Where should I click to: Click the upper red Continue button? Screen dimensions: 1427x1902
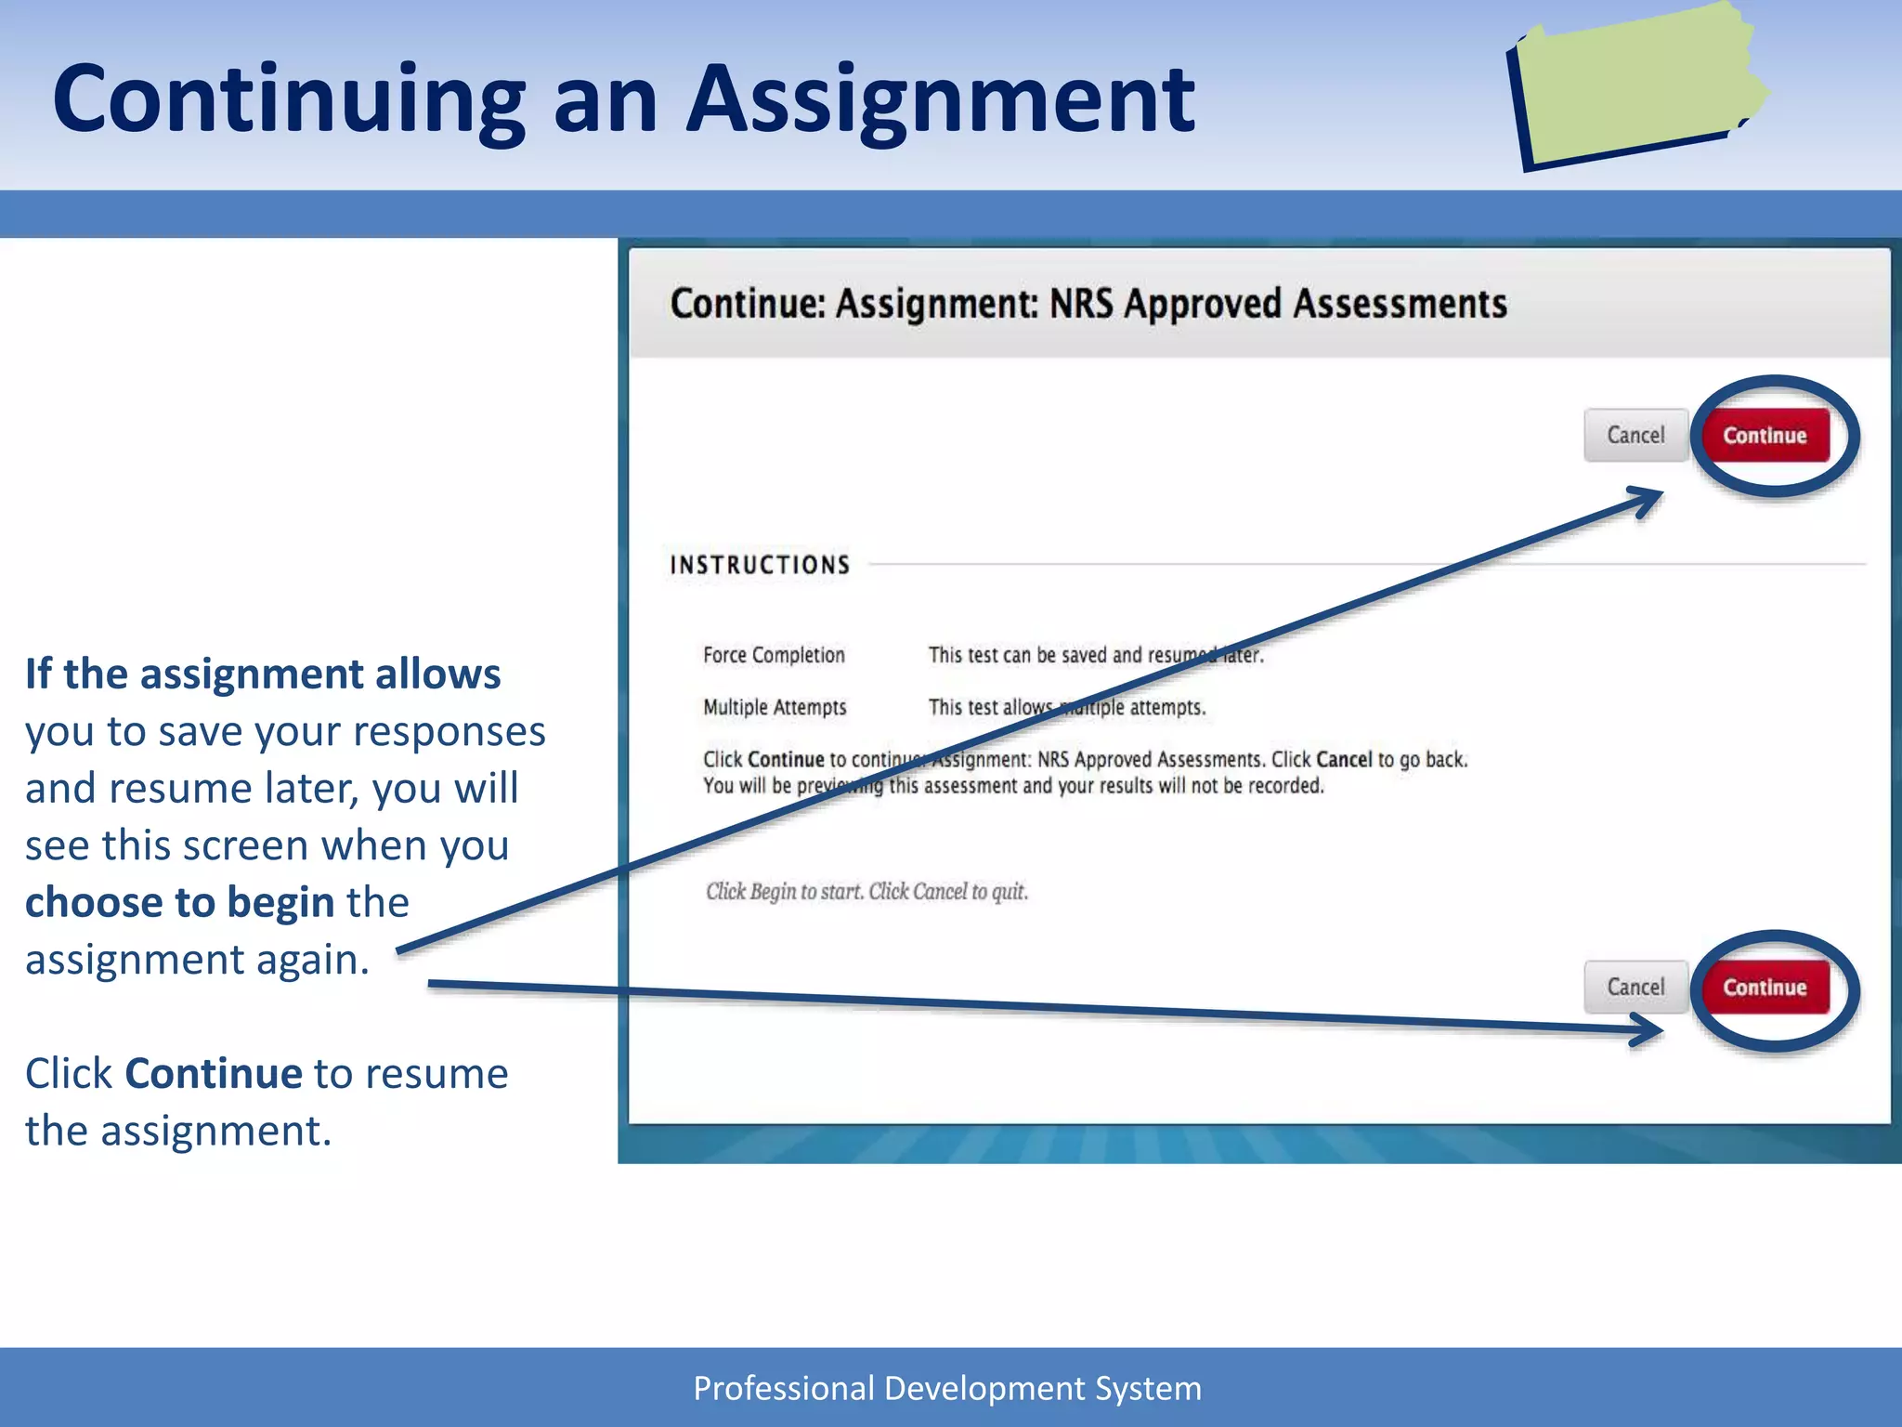pyautogui.click(x=1764, y=435)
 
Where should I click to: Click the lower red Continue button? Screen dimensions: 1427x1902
pyautogui.click(x=1764, y=987)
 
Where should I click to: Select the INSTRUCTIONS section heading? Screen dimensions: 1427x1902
pyautogui.click(x=760, y=565)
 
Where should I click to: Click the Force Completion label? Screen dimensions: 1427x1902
pyautogui.click(x=774, y=655)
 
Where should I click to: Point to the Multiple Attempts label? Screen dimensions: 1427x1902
pyautogui.click(x=775, y=707)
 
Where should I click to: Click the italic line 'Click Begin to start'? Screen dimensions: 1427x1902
pyautogui.click(x=866, y=892)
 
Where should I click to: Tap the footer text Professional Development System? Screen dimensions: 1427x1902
pyautogui.click(x=947, y=1388)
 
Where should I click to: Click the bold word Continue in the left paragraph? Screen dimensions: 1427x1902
pyautogui.click(x=214, y=1074)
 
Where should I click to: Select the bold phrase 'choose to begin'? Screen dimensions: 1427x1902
pyautogui.click(x=179, y=902)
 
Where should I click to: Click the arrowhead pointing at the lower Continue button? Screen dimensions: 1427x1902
pyautogui.click(x=1649, y=1029)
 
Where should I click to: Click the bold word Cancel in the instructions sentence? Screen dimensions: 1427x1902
pyautogui.click(x=1343, y=759)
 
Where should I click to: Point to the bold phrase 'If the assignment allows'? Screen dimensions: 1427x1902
pyautogui.click(x=263, y=674)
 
